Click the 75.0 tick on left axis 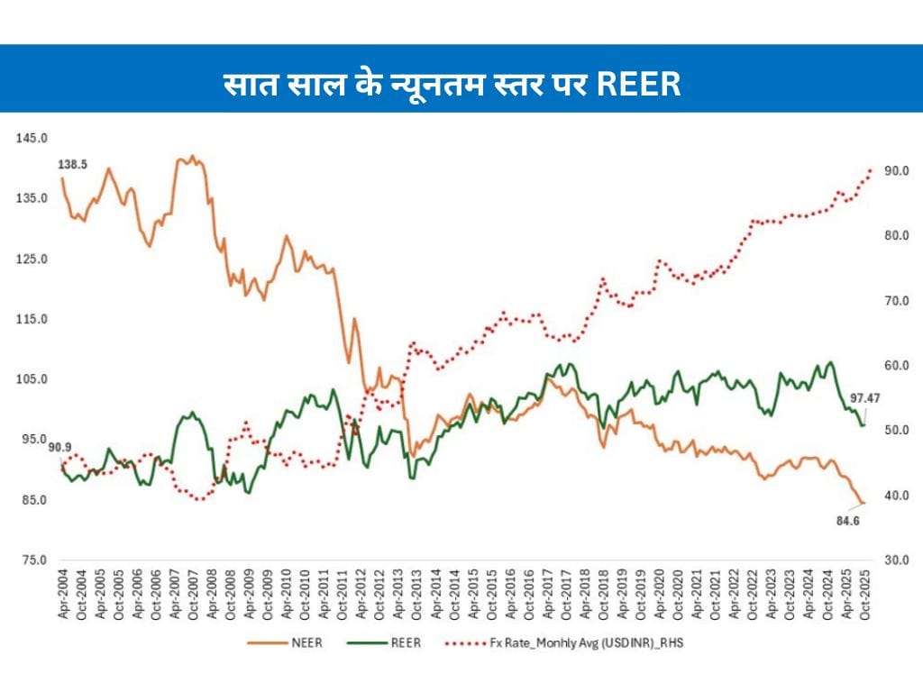pyautogui.click(x=32, y=560)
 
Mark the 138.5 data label pyautogui.click(x=74, y=165)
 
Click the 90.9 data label pyautogui.click(x=61, y=448)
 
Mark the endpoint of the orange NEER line pyautogui.click(x=863, y=504)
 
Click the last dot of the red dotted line pyautogui.click(x=871, y=169)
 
